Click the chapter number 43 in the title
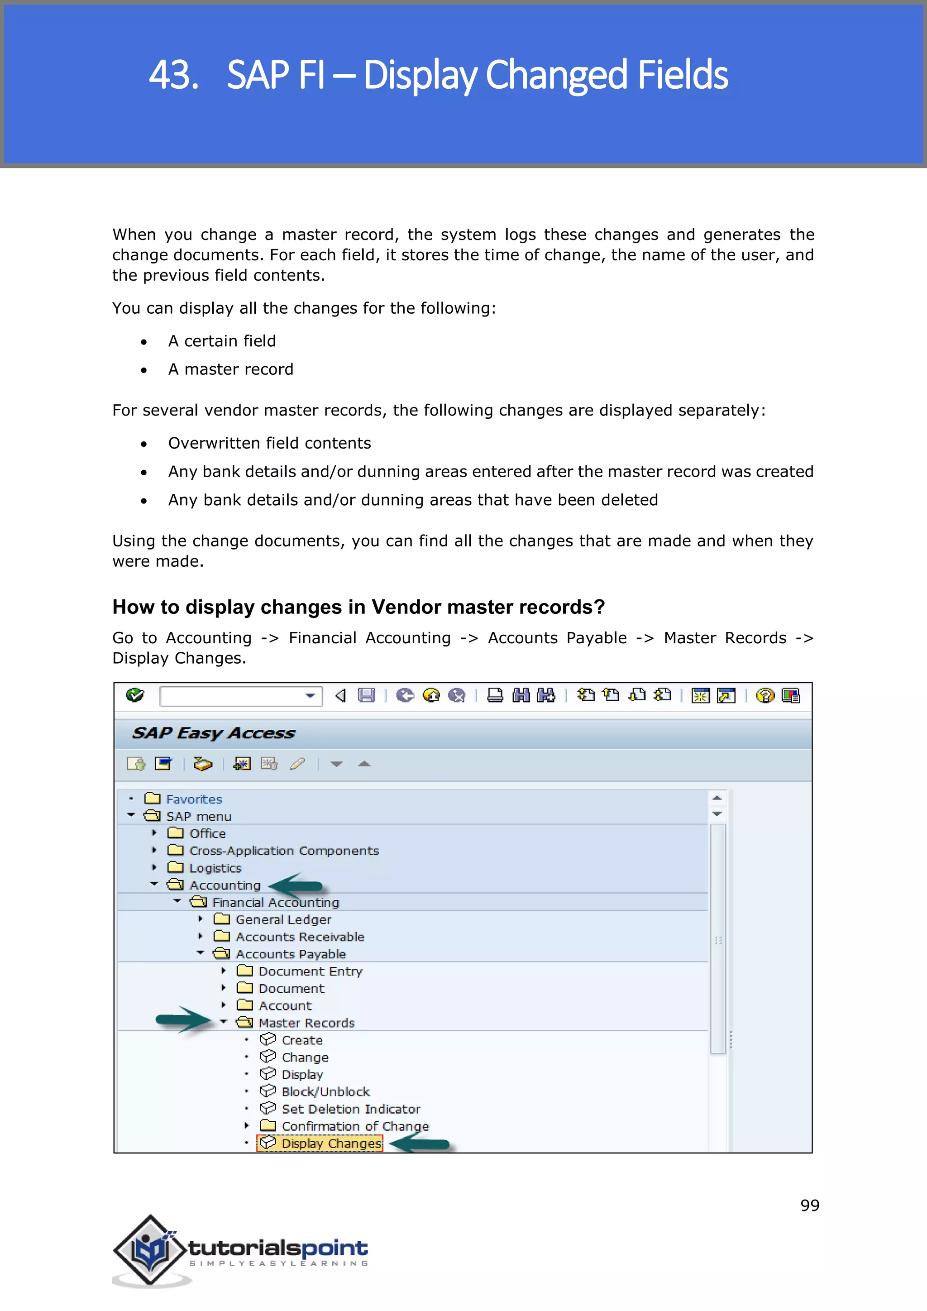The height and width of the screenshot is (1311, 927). coord(173,75)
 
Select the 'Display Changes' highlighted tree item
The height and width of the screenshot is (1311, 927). coord(331,1143)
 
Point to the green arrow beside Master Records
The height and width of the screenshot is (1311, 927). coord(183,1019)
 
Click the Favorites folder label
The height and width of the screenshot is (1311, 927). coord(194,799)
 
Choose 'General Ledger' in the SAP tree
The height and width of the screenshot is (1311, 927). coord(283,919)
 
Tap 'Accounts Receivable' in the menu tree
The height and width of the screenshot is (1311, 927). coord(300,937)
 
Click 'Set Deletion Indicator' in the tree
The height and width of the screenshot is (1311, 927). coord(350,1108)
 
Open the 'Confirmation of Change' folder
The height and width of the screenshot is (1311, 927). coord(354,1125)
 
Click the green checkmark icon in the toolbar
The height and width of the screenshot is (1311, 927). coord(135,695)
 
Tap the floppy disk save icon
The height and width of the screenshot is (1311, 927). coord(366,695)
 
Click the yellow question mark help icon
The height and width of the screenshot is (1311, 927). coord(765,695)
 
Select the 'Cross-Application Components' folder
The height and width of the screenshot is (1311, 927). coord(284,850)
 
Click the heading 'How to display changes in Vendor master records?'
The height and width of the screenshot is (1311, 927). coord(358,607)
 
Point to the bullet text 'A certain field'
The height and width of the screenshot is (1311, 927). coord(222,341)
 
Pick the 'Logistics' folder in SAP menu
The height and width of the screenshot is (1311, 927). coord(215,868)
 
